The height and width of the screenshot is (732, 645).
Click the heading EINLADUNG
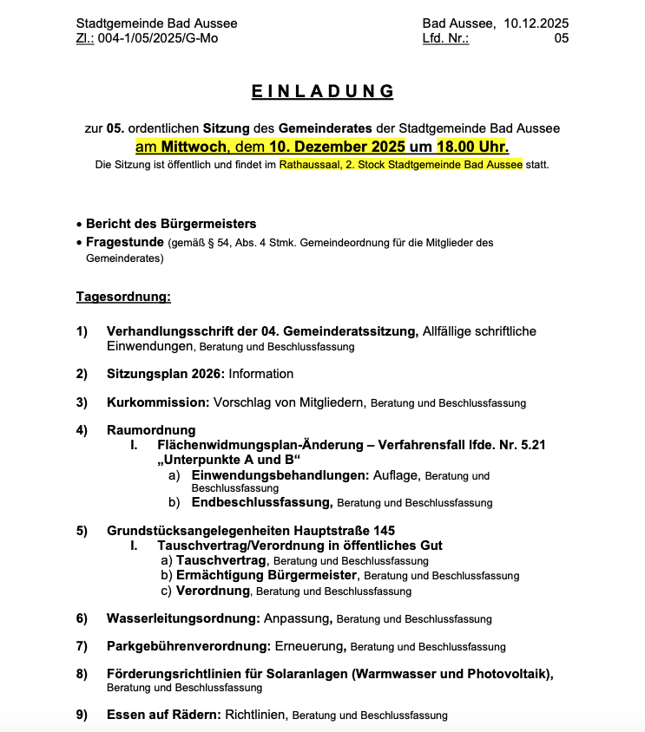tap(322, 91)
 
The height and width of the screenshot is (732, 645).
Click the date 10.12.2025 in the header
tap(536, 23)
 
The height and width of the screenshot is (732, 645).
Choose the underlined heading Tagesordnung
tap(123, 297)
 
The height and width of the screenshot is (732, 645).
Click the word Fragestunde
tap(126, 242)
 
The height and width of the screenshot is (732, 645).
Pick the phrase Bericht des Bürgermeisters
tap(171, 224)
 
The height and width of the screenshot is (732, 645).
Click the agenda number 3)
tap(82, 402)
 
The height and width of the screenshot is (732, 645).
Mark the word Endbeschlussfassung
tap(261, 502)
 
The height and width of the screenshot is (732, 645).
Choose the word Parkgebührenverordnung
tap(188, 646)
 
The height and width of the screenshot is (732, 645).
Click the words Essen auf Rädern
tap(163, 716)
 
